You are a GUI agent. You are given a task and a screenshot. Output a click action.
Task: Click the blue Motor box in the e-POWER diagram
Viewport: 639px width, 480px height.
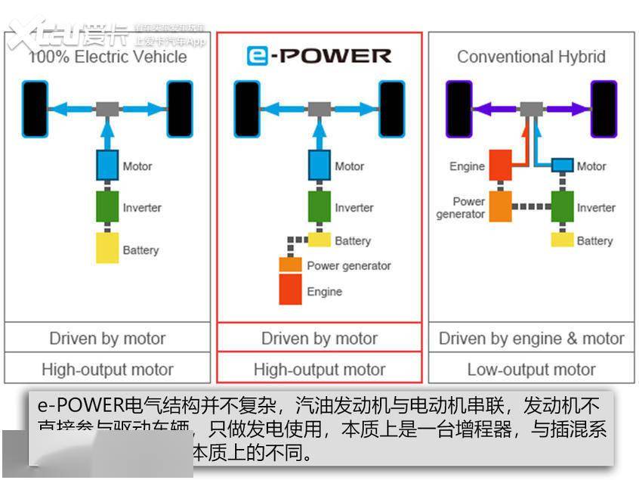[319, 166]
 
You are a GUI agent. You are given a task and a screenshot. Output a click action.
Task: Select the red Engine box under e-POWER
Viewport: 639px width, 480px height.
[291, 291]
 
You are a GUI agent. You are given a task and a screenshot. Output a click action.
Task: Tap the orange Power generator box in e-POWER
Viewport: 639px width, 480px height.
[291, 265]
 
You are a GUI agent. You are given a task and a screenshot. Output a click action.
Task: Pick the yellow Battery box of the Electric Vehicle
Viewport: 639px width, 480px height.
[108, 248]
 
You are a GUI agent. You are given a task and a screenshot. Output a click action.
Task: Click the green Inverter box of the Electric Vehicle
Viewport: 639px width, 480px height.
[108, 206]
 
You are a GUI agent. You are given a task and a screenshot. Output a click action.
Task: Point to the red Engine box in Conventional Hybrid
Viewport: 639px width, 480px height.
[500, 166]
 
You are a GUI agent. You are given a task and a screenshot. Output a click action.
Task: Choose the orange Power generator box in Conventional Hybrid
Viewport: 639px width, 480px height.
[500, 206]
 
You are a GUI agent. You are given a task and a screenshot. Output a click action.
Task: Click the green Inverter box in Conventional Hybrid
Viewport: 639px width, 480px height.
[562, 206]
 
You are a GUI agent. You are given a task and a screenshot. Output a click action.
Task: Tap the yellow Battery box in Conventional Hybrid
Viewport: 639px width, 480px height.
[562, 240]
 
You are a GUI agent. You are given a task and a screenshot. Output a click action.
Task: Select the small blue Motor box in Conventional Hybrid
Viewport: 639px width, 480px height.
[562, 166]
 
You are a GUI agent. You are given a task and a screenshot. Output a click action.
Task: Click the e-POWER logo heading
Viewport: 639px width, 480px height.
[319, 56]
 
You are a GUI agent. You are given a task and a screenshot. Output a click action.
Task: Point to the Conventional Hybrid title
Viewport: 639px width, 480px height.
[531, 57]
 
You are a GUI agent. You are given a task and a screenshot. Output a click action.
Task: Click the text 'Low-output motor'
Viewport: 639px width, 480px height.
[531, 370]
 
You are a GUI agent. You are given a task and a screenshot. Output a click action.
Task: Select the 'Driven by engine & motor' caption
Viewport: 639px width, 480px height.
[531, 338]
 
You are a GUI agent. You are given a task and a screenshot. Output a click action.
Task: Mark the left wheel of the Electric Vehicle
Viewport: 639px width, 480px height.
[35, 109]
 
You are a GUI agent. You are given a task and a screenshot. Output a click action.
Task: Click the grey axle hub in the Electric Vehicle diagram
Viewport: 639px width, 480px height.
[108, 109]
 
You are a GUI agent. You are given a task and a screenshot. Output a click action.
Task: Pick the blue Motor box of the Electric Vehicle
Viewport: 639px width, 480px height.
[108, 166]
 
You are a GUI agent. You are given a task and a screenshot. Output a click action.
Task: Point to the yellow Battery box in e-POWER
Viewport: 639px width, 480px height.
[319, 240]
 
